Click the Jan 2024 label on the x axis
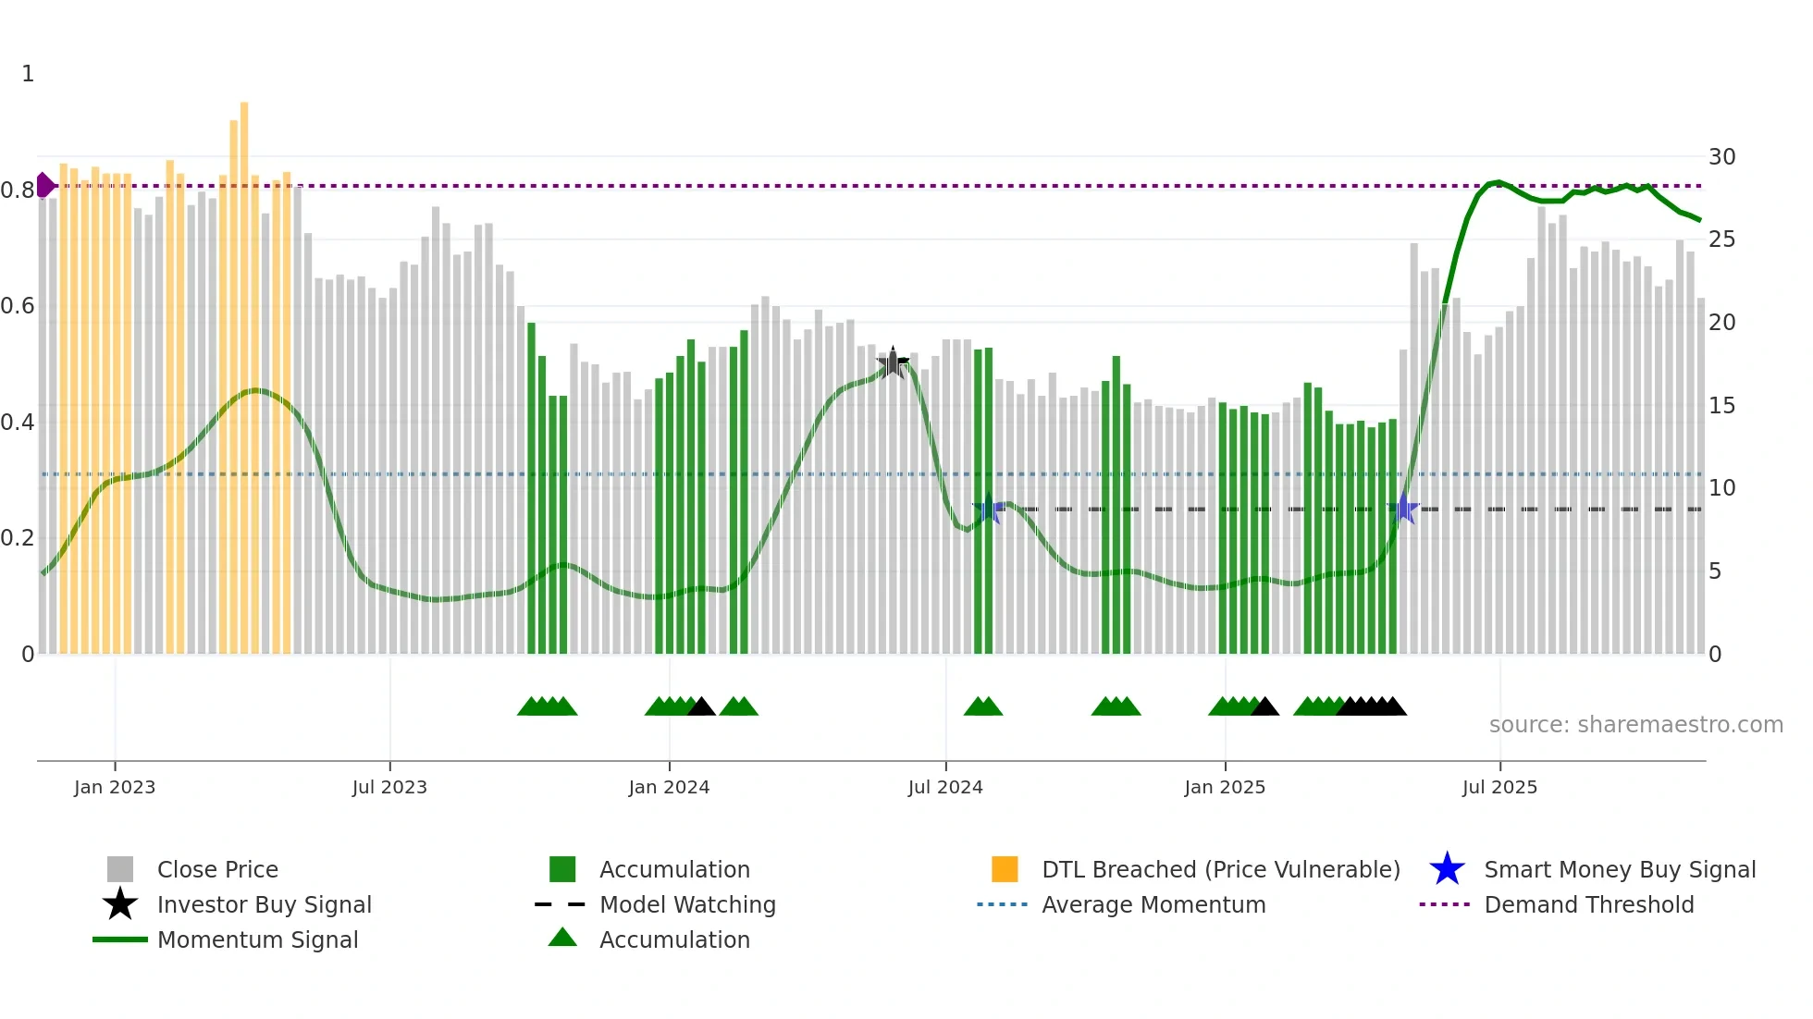(x=669, y=787)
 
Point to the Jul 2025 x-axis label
(x=1499, y=787)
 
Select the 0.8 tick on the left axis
(x=18, y=190)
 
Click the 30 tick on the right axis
(x=1721, y=156)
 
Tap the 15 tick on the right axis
(x=1721, y=405)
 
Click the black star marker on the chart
(x=893, y=363)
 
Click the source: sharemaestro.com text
(x=1635, y=724)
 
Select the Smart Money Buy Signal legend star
(x=1447, y=869)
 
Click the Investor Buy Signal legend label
(x=264, y=904)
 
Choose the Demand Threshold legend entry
(x=1588, y=904)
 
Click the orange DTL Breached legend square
(x=1005, y=869)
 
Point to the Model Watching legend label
(x=687, y=904)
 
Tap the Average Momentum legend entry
(x=1153, y=904)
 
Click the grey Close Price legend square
(x=120, y=869)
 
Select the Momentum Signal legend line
(x=120, y=939)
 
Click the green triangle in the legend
(x=562, y=938)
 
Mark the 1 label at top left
(x=28, y=74)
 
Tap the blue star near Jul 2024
(x=988, y=508)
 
